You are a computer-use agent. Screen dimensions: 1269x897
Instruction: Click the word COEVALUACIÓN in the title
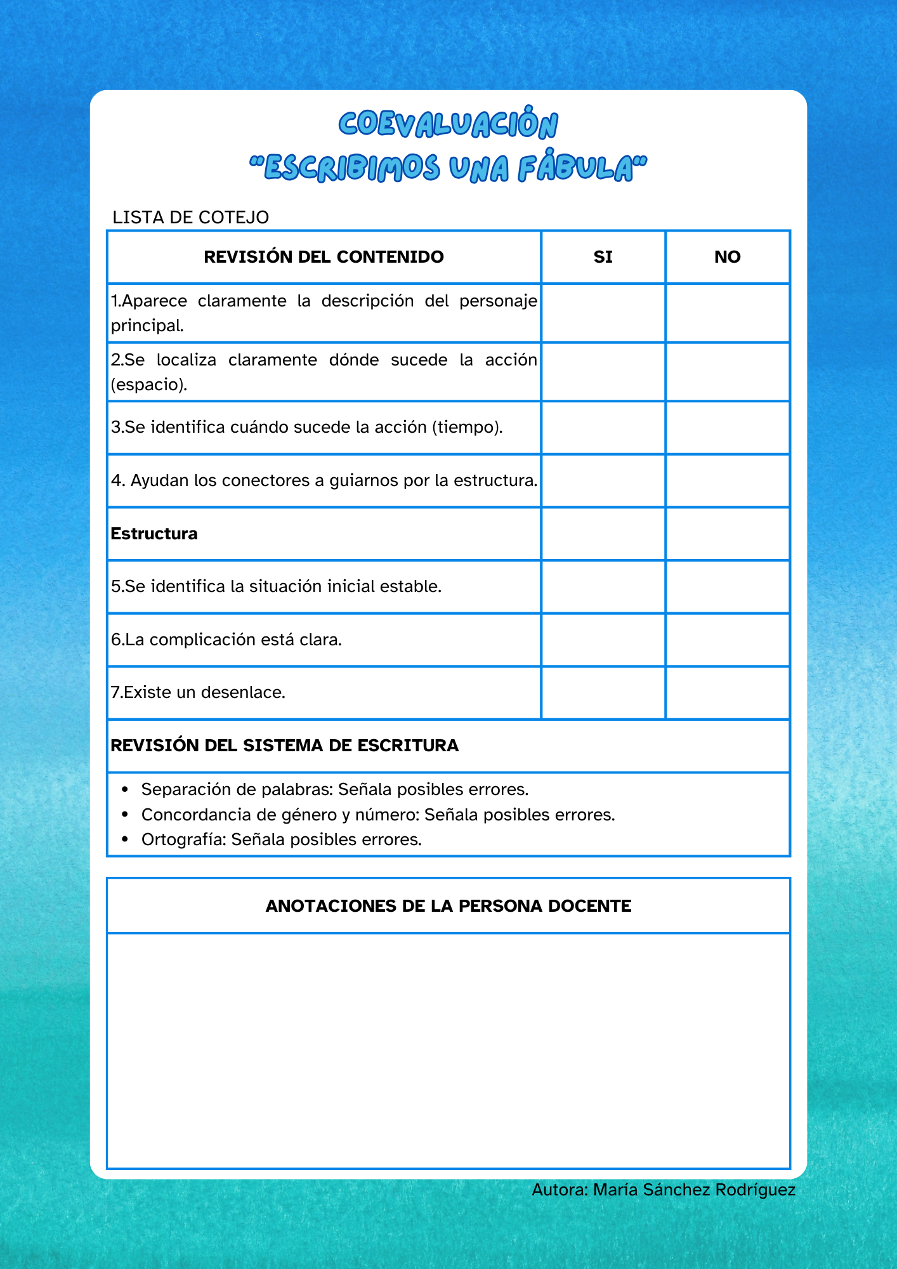tap(448, 124)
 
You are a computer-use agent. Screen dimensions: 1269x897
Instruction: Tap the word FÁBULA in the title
tap(575, 169)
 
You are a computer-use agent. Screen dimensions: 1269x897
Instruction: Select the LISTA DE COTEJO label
tap(190, 217)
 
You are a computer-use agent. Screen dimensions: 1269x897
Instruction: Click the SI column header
tap(603, 257)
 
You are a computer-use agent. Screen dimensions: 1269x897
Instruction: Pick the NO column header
tap(727, 257)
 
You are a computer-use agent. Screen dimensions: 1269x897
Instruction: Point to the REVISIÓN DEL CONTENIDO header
tap(324, 257)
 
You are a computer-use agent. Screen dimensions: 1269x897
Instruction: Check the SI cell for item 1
tap(603, 313)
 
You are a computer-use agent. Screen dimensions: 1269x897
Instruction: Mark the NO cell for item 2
tap(727, 372)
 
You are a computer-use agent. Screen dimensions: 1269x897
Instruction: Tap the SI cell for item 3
tap(603, 427)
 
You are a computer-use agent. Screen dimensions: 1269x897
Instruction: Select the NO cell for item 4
tap(727, 480)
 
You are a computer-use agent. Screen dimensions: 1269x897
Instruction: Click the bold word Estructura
tap(154, 534)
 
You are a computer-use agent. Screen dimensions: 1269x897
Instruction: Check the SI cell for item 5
tap(603, 586)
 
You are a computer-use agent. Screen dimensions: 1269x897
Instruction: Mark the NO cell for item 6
tap(727, 640)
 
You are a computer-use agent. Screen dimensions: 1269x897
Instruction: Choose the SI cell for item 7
tap(603, 692)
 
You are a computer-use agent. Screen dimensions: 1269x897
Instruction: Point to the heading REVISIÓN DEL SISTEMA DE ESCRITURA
tap(284, 746)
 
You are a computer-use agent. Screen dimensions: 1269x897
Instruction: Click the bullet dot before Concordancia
tap(125, 815)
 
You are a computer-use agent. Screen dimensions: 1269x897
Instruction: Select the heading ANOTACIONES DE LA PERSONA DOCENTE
tap(448, 906)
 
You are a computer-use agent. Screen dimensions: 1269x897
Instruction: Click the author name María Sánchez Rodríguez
tap(694, 1190)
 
